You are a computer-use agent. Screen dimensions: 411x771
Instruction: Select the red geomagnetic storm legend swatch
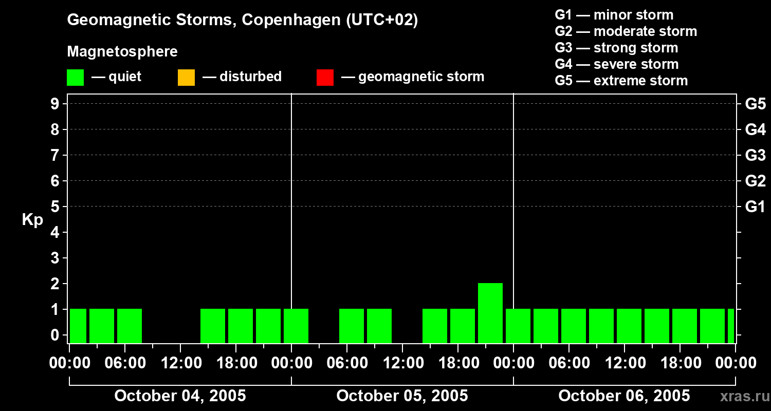point(325,77)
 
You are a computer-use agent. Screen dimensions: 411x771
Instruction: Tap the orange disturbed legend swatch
point(186,77)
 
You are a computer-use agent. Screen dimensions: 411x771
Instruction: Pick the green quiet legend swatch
point(75,77)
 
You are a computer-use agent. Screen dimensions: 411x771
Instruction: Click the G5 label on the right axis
point(755,104)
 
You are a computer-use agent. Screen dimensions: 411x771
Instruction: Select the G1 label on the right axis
point(755,207)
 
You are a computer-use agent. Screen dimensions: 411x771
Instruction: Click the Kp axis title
point(32,220)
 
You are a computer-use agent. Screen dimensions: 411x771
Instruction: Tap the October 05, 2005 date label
point(402,396)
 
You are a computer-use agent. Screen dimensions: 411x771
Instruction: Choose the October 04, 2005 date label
point(180,396)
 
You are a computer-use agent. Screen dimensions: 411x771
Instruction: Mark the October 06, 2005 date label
point(624,396)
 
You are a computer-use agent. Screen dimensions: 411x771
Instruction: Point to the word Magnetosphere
point(122,52)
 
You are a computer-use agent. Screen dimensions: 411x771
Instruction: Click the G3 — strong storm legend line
point(616,48)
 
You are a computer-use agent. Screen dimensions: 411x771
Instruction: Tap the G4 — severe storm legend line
point(616,64)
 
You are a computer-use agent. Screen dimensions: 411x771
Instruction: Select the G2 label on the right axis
point(755,181)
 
